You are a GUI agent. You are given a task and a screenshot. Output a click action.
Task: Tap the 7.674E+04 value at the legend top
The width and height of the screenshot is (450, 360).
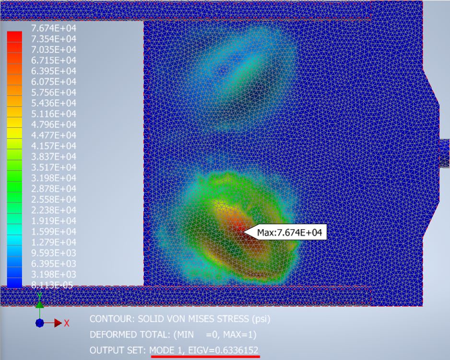tap(54, 28)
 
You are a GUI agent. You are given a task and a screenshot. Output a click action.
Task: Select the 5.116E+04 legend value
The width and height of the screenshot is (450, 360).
tap(54, 114)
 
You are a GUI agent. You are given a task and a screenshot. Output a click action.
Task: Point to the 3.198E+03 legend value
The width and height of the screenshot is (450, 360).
tap(54, 274)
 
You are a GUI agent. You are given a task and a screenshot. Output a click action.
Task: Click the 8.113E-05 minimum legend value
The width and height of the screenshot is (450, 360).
tap(52, 285)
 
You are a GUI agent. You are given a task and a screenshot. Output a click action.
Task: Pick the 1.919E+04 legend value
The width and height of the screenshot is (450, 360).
tap(54, 221)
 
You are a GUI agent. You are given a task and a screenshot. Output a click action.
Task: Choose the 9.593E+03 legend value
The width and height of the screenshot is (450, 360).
tap(54, 253)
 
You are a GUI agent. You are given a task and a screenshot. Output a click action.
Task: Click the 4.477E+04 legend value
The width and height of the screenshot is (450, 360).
tap(54, 135)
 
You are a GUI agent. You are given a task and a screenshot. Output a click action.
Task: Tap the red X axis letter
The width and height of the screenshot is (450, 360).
tap(67, 323)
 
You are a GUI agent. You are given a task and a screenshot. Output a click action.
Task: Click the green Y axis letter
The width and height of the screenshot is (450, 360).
tap(40, 295)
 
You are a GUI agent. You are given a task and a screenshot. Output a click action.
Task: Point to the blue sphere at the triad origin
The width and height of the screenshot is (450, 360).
tap(40, 323)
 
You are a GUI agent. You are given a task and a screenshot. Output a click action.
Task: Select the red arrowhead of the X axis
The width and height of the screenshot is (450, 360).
tap(58, 323)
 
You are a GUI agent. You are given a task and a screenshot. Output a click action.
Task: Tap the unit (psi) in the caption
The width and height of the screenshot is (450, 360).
tap(261, 319)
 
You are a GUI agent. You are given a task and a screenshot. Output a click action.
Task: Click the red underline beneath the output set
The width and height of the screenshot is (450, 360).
tap(205, 357)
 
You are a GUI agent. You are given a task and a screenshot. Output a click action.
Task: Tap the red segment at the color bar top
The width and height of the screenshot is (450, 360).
tap(14, 37)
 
